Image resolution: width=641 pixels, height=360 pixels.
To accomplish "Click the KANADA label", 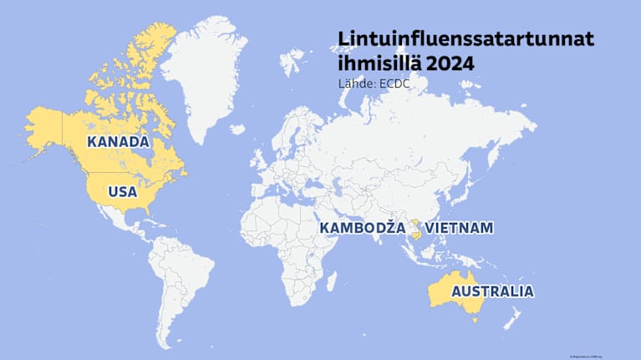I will (x=118, y=142).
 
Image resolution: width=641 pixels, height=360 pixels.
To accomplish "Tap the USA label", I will (x=122, y=192).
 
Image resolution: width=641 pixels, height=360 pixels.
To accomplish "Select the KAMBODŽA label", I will (x=361, y=228).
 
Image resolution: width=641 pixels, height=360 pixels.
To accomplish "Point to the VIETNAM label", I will (x=460, y=228).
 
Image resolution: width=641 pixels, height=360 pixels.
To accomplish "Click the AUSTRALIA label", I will (x=491, y=292).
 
